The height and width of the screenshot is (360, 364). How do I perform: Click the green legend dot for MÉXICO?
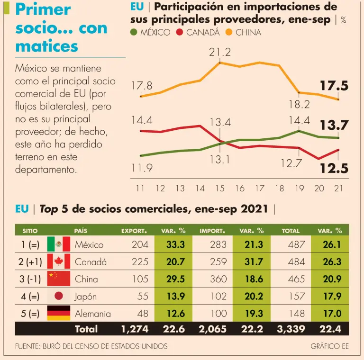(x=134, y=33)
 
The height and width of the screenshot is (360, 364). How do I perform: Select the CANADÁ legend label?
(x=202, y=33)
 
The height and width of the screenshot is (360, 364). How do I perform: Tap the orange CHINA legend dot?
(x=228, y=33)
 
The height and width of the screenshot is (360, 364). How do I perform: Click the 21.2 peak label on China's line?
(x=220, y=53)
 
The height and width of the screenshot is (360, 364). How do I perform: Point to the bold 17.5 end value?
(x=334, y=86)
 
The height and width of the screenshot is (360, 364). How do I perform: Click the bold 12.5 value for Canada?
(x=334, y=168)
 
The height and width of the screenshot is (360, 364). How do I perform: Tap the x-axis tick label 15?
(x=220, y=189)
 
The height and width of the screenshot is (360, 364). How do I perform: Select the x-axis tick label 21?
(x=338, y=189)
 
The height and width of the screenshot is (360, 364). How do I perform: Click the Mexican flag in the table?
(x=59, y=244)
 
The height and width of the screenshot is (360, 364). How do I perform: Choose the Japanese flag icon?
(x=59, y=296)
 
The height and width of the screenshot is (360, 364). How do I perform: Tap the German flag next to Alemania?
(x=59, y=313)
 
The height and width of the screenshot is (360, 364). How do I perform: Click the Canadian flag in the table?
(x=59, y=261)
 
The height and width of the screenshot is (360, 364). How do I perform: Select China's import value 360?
(x=218, y=279)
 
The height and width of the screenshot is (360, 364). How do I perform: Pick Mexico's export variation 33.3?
(x=175, y=244)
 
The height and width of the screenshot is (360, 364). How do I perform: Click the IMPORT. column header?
(x=212, y=231)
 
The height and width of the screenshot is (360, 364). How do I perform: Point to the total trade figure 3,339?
(x=290, y=329)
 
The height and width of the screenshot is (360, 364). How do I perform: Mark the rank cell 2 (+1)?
(x=29, y=261)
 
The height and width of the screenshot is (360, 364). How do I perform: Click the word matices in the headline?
(x=46, y=46)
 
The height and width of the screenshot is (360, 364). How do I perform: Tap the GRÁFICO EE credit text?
(x=329, y=346)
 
